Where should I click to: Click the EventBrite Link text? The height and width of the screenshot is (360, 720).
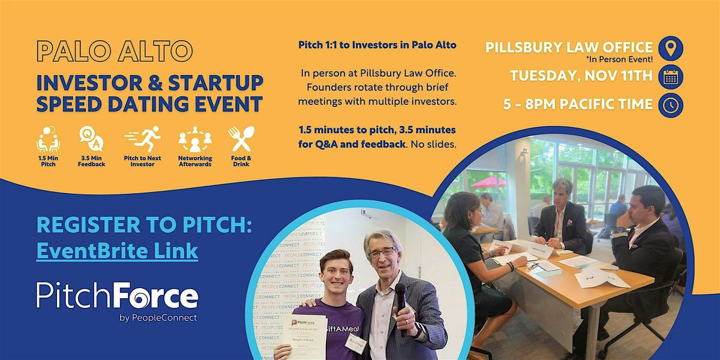[117, 250]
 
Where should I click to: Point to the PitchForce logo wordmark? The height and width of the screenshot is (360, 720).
[117, 298]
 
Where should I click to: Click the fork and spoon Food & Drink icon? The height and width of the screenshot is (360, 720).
[239, 139]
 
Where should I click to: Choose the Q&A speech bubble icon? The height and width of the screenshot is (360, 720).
[91, 139]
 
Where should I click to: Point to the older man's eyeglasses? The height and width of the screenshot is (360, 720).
[382, 253]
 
